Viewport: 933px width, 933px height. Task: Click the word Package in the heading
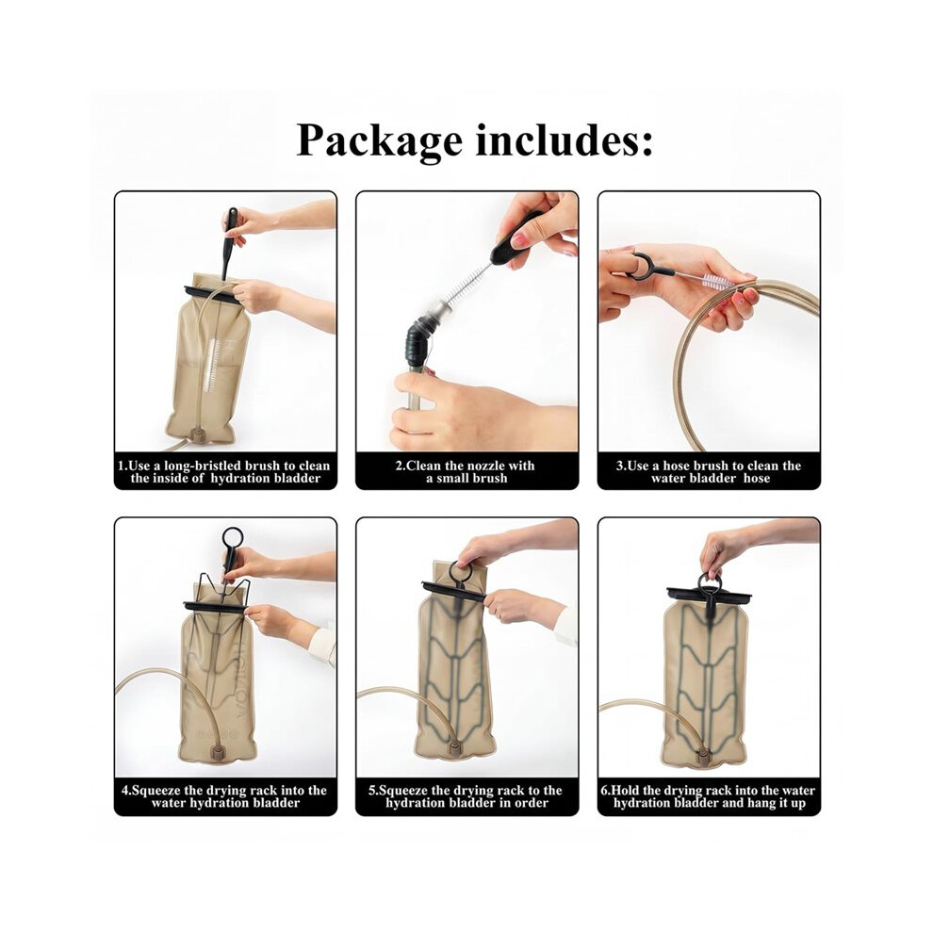[380, 142]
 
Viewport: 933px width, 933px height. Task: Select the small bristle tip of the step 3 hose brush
[716, 281]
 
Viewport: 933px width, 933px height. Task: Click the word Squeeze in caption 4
[156, 791]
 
